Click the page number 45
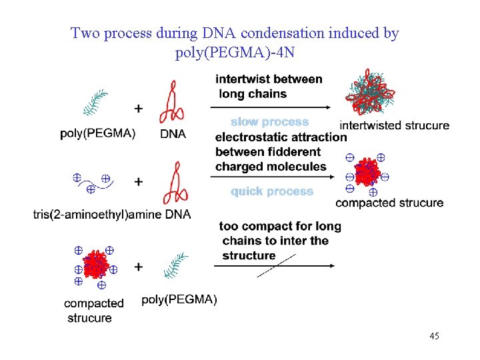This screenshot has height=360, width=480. click(434, 336)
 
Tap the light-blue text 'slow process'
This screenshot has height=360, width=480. click(270, 122)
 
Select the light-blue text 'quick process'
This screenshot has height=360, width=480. click(272, 191)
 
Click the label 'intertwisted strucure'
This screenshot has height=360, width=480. click(394, 125)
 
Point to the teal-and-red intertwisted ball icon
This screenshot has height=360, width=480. click(370, 92)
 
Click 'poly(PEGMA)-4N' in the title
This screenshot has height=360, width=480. click(235, 53)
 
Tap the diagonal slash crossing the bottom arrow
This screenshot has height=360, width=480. click(276, 266)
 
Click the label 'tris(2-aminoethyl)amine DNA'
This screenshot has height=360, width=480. click(112, 215)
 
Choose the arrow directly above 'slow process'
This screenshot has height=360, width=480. click(270, 107)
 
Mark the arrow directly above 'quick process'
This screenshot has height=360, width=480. click(272, 177)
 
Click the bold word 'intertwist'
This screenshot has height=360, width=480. click(239, 79)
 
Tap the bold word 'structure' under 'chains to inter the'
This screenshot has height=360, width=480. click(249, 255)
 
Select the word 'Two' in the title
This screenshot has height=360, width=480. click(85, 33)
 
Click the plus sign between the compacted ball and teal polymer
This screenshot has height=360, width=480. click(139, 267)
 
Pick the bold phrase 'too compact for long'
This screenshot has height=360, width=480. click(280, 227)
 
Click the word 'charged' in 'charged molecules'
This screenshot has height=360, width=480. click(237, 167)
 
